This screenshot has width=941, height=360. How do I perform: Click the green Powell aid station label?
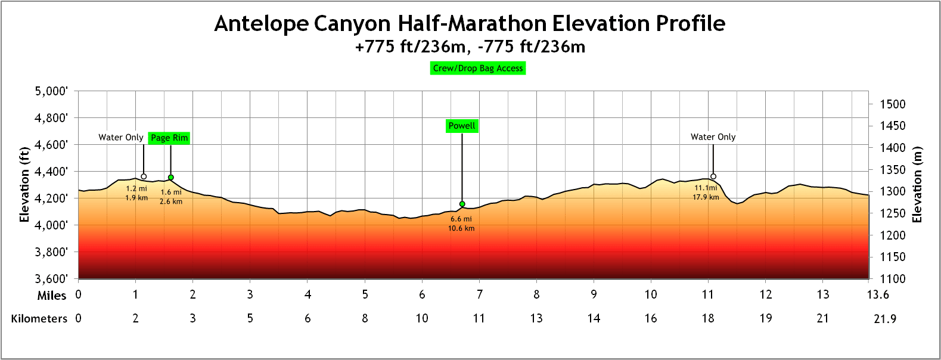click(x=462, y=126)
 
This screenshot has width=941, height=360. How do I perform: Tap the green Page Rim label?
click(x=169, y=138)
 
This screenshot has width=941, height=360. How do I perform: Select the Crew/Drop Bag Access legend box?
click(x=478, y=69)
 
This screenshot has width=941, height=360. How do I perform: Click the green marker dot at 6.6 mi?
click(x=462, y=204)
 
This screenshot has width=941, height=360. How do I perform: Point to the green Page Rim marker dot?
click(x=171, y=178)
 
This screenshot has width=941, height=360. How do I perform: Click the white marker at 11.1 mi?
click(x=713, y=176)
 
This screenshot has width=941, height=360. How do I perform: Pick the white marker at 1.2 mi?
click(x=144, y=176)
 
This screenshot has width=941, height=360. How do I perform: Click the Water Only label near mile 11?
click(x=713, y=137)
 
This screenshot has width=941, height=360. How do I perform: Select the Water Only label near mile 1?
click(x=121, y=138)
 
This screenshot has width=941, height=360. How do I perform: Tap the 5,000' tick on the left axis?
click(x=51, y=91)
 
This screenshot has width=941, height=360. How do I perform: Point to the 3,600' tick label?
click(x=51, y=278)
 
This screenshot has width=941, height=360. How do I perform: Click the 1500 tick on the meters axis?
click(x=893, y=104)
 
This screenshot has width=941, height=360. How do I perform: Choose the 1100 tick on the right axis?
click(x=893, y=278)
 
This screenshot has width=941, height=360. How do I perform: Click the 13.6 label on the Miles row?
click(x=878, y=294)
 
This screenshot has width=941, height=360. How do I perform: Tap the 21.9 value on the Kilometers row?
click(x=885, y=319)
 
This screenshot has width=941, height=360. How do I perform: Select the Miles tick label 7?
click(x=479, y=294)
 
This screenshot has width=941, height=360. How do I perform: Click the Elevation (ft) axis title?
click(x=24, y=185)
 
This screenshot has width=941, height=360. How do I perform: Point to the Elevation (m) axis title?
click(x=917, y=185)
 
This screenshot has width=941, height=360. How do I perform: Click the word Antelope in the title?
click(x=261, y=24)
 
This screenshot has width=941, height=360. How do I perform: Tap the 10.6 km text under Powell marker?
click(x=461, y=228)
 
